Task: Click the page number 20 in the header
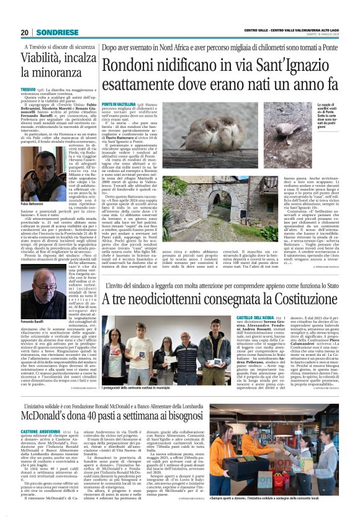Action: pos(24,32)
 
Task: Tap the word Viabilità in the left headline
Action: pos(48,60)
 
